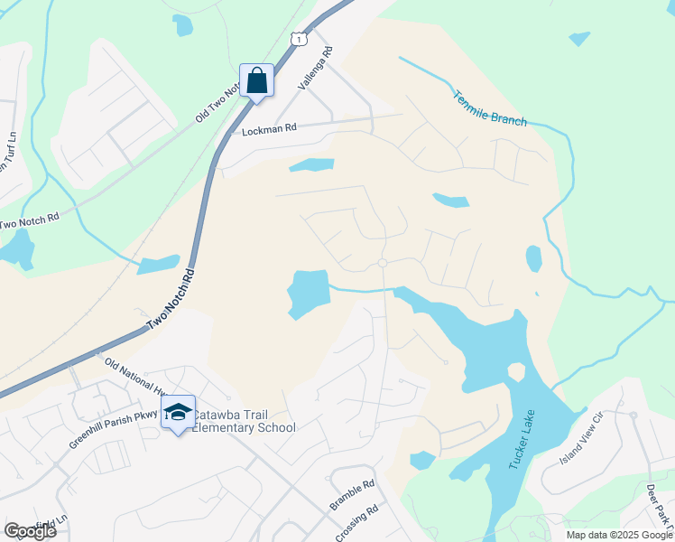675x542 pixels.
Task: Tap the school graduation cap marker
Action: pos(179,413)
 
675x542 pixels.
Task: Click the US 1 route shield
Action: pos(298,38)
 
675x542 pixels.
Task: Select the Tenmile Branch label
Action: pos(488,107)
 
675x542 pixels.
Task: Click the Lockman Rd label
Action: pos(269,130)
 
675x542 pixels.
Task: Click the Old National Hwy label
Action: pos(134,378)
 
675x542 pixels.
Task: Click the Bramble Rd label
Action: pos(352,496)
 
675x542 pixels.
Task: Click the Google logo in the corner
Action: pos(30,531)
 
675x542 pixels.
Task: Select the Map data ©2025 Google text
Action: pos(619,535)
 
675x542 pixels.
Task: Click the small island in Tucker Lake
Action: pos(516,371)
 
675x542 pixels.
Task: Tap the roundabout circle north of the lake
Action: pos(383,263)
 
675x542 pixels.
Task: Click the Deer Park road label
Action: pos(659,508)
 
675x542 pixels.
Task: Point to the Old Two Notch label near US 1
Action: pos(216,104)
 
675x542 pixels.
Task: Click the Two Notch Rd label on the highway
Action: pos(172,298)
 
